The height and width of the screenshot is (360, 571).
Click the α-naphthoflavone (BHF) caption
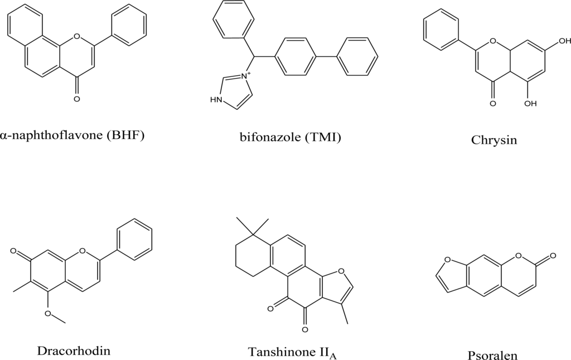pos(72,135)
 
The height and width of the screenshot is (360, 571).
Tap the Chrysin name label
pos(493,140)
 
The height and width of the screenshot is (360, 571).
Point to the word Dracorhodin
pos(74,351)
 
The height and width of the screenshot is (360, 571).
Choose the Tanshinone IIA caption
pos(293,352)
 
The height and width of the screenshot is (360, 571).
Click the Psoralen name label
pos(493,355)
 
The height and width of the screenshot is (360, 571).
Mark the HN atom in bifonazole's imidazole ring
pos(216,100)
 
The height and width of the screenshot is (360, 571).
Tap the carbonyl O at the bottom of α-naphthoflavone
pos(76,99)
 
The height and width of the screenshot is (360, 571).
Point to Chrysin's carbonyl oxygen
pos(493,104)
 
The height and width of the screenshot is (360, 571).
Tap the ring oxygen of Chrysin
pos(493,41)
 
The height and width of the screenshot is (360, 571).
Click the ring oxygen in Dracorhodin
pos(83,251)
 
